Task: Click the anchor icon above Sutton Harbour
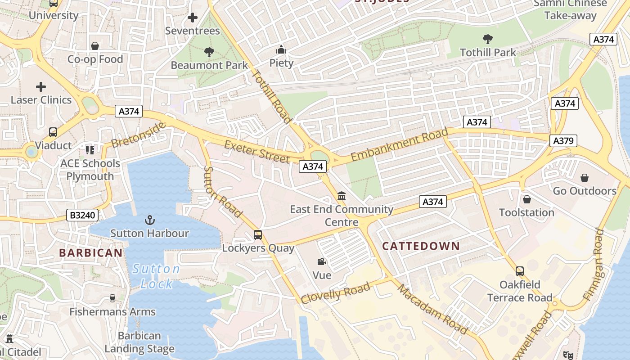tap(149, 220)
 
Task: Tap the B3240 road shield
tap(83, 215)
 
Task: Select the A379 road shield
tap(563, 141)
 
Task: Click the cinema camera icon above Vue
tap(322, 262)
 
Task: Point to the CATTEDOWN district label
tap(421, 246)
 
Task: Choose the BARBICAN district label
tap(91, 253)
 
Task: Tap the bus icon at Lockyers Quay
tap(258, 235)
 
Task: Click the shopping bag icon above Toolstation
tap(526, 199)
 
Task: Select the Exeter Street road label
tap(257, 152)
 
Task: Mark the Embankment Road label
tap(399, 144)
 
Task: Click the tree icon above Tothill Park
tap(487, 39)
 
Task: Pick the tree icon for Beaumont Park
tap(209, 52)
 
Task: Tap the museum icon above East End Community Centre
tap(342, 196)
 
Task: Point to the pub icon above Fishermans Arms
tap(112, 298)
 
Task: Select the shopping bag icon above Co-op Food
tap(95, 46)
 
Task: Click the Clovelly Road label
tap(336, 293)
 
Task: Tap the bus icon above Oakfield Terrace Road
tap(520, 271)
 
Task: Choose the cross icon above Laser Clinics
tap(41, 86)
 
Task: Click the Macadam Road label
tap(432, 309)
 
